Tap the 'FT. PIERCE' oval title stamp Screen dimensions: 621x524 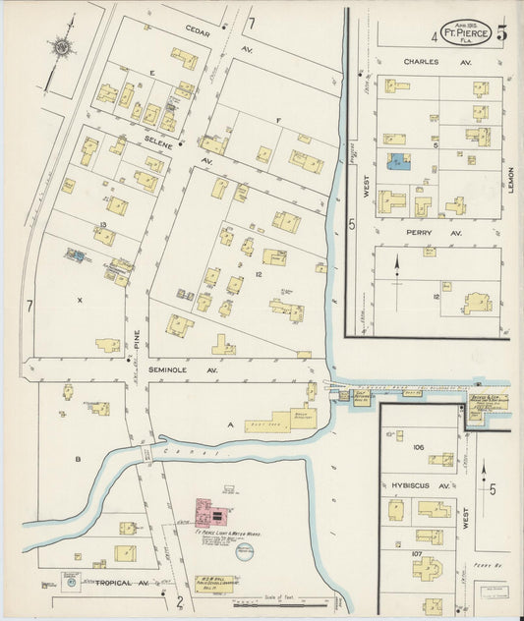tap(465, 31)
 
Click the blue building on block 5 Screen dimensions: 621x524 tap(398, 161)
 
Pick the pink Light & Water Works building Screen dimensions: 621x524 tap(211, 512)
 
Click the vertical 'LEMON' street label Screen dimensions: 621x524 tap(512, 177)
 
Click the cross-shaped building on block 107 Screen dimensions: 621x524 tap(433, 509)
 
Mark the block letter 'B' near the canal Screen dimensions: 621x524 tap(76, 458)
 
